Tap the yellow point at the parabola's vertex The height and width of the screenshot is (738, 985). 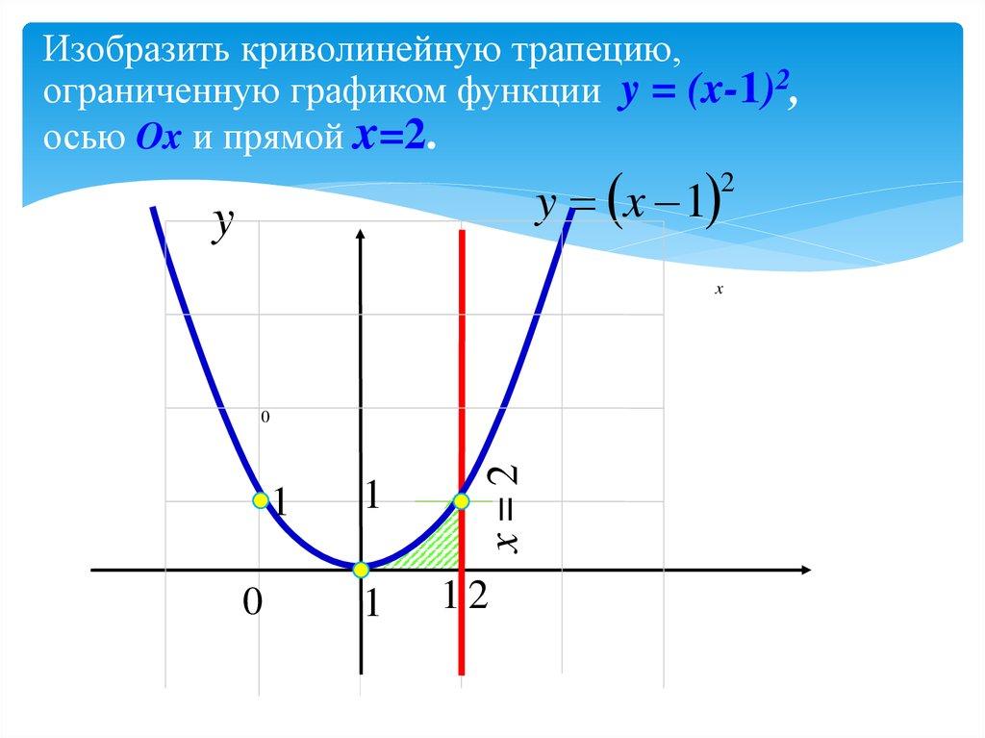pos(361,570)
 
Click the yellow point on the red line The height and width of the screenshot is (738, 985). pos(462,500)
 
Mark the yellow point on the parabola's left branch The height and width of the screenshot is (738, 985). pos(260,500)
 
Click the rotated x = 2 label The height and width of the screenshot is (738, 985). pos(507,510)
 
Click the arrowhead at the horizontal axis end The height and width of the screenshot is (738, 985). pos(805,571)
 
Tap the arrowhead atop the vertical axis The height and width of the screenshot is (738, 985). pos(361,236)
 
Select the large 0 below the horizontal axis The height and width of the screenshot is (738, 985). pos(251,603)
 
